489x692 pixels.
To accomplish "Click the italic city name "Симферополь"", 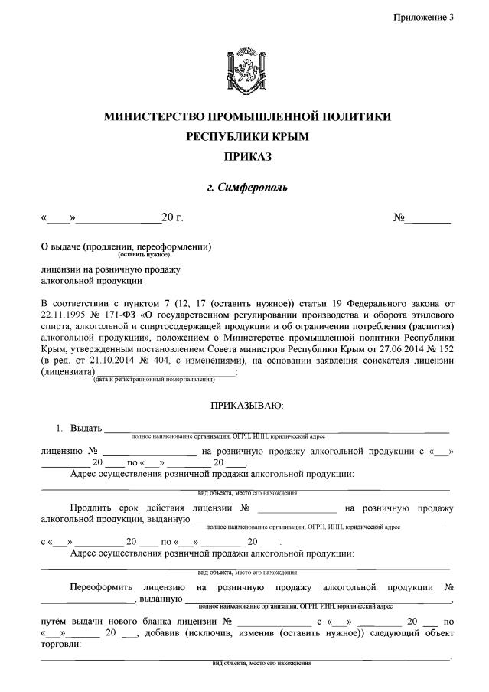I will click(x=254, y=187).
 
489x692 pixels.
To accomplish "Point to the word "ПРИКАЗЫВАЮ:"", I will click(x=246, y=403).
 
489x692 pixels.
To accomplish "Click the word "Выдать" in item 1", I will click(x=85, y=427).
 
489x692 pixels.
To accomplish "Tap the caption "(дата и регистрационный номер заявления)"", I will click(x=165, y=379).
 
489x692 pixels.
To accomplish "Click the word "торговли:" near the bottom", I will click(x=60, y=645).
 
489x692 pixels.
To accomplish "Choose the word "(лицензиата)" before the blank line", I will click(x=65, y=370).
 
